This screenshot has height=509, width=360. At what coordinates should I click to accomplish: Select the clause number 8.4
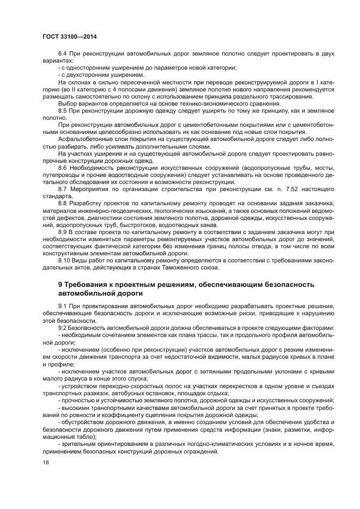tap(63, 54)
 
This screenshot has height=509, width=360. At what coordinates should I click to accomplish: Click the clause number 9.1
tap(63, 306)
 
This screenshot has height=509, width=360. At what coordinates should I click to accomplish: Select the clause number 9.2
tap(63, 328)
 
